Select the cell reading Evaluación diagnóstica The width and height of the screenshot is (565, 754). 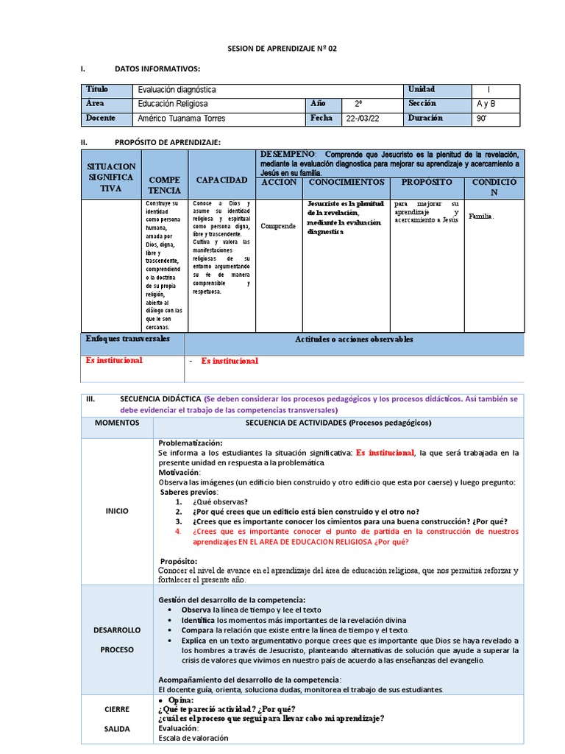(177, 90)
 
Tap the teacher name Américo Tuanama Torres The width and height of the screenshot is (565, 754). (181, 118)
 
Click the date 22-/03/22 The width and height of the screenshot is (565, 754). (363, 118)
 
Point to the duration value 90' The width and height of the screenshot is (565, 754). (483, 118)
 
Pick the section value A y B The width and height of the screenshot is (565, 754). (486, 104)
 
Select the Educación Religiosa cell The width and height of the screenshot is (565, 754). (173, 104)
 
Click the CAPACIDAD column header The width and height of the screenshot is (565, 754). (221, 180)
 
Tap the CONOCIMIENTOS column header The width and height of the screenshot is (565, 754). (346, 182)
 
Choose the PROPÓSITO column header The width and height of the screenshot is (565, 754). (427, 182)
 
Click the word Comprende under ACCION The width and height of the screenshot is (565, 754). (278, 226)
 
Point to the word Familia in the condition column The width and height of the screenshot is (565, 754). (482, 216)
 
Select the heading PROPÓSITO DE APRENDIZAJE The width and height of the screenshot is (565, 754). (168, 141)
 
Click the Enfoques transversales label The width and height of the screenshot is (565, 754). (128, 339)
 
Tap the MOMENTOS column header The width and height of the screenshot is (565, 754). (116, 423)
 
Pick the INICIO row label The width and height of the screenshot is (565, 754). (116, 511)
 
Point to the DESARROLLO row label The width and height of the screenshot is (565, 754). (116, 630)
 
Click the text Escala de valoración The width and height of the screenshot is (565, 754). (193, 738)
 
